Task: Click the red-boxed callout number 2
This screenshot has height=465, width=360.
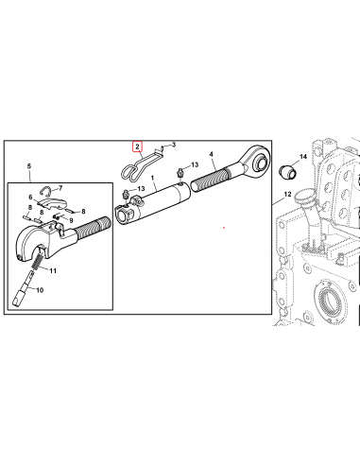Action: point(138,146)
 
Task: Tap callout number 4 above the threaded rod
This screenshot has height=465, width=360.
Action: point(212,154)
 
